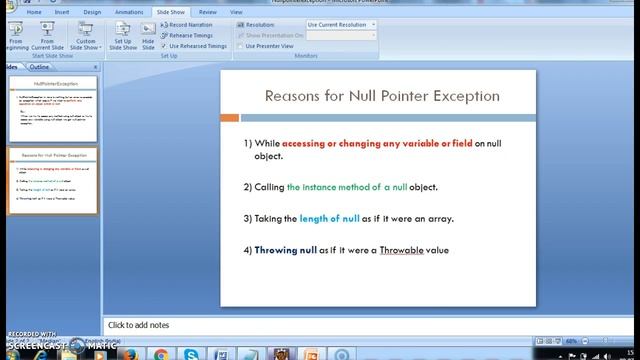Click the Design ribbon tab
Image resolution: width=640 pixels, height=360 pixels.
[92, 12]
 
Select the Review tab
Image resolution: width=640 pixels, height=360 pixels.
[207, 12]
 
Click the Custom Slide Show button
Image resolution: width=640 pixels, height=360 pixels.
[86, 36]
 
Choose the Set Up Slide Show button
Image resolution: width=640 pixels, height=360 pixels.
[122, 36]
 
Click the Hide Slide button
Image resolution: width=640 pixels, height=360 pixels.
[148, 36]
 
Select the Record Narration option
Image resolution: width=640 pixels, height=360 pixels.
[188, 23]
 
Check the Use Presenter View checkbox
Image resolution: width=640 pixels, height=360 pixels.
[240, 46]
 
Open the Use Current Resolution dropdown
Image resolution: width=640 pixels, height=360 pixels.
[340, 23]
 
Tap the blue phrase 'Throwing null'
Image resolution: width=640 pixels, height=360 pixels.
[285, 249]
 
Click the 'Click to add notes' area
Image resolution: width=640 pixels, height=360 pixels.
[139, 325]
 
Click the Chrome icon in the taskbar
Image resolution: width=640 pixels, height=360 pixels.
[161, 353]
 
